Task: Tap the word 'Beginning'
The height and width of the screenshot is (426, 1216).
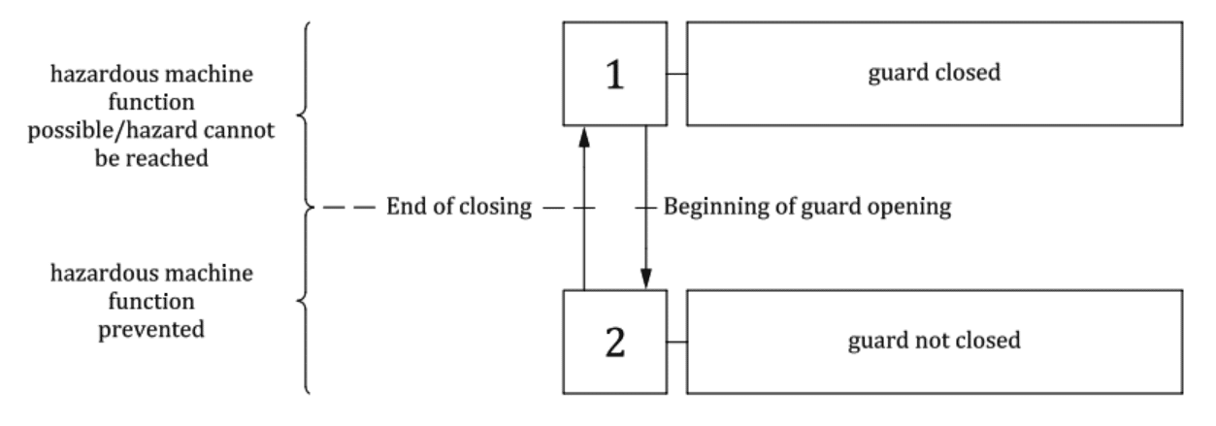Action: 707,208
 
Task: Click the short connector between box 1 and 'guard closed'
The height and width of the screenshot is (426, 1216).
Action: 676,74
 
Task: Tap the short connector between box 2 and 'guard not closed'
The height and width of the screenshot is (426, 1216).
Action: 676,342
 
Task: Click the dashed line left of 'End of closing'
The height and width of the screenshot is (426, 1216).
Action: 349,208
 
